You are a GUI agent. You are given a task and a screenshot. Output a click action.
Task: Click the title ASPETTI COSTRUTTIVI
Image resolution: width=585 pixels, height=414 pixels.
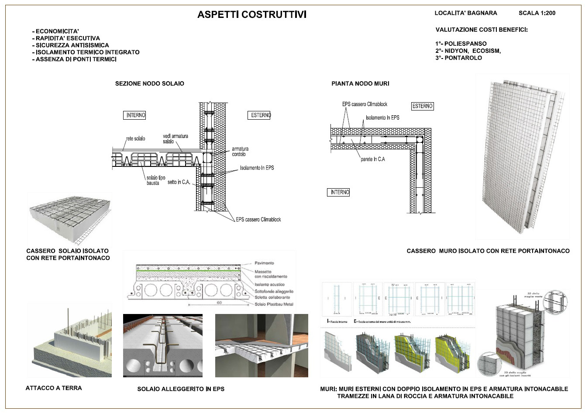(x=252, y=14)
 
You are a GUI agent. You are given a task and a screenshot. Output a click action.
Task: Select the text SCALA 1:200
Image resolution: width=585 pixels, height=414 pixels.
(x=537, y=13)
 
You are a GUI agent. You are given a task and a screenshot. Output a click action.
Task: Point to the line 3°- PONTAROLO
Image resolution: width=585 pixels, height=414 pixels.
(x=458, y=58)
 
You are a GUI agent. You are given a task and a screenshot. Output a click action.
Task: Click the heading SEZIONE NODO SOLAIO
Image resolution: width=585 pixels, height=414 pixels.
(x=149, y=83)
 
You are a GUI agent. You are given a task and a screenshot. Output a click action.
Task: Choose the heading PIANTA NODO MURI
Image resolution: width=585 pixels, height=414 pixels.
(x=360, y=83)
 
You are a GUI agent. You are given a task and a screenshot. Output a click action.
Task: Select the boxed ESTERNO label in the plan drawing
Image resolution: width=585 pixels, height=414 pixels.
(x=422, y=106)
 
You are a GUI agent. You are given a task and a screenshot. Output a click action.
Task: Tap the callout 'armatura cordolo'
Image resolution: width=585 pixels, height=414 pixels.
(x=240, y=152)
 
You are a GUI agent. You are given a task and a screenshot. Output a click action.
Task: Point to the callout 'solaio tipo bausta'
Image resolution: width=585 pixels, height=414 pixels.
(x=156, y=180)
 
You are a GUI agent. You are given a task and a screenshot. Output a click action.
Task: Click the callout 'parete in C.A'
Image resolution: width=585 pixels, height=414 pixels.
(x=373, y=159)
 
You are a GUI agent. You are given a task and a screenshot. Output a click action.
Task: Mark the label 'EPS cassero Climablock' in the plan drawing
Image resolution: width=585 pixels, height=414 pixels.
(x=365, y=104)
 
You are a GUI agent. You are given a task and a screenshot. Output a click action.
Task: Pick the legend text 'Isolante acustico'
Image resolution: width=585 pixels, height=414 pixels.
(x=269, y=285)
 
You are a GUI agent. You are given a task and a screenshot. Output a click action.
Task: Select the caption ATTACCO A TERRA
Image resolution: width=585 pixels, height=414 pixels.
(x=54, y=388)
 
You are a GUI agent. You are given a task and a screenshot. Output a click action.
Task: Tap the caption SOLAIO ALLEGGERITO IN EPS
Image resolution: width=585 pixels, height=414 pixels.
(x=181, y=389)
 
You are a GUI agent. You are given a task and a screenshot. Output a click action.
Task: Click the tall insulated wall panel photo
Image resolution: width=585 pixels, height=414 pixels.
(x=522, y=156)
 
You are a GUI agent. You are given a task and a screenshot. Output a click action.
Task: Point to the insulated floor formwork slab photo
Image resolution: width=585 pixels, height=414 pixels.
(x=70, y=218)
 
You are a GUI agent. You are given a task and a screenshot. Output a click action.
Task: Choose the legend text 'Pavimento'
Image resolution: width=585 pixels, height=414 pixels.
(x=264, y=263)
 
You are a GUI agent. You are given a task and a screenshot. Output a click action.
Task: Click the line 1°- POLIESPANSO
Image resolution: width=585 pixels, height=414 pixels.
(x=461, y=44)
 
